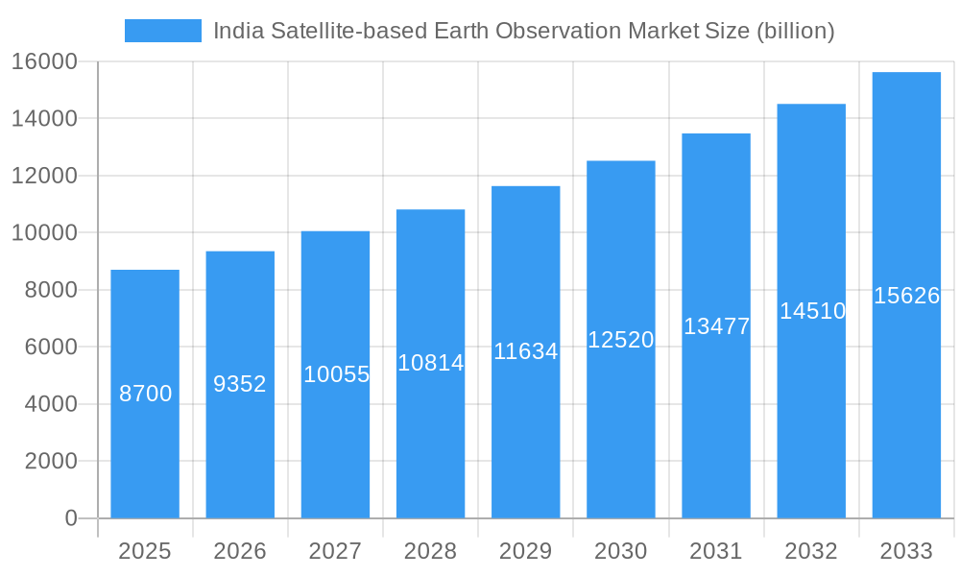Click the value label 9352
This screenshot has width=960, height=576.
(x=240, y=384)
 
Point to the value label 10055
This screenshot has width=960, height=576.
(x=336, y=374)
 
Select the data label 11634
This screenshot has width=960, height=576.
(x=525, y=351)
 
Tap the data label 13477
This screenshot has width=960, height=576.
(x=716, y=326)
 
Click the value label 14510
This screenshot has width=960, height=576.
(x=812, y=311)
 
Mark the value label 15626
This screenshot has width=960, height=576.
(x=906, y=296)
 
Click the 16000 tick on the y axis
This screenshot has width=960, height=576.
(x=44, y=62)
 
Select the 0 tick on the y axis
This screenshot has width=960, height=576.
(x=71, y=518)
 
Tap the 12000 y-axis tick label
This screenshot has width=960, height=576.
(x=44, y=176)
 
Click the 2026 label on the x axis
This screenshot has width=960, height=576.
(x=240, y=551)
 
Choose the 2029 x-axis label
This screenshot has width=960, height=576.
(x=525, y=551)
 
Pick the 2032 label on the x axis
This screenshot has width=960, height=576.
(x=811, y=551)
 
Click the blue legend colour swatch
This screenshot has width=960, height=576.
(x=163, y=31)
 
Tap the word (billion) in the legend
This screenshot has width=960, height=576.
(x=795, y=31)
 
